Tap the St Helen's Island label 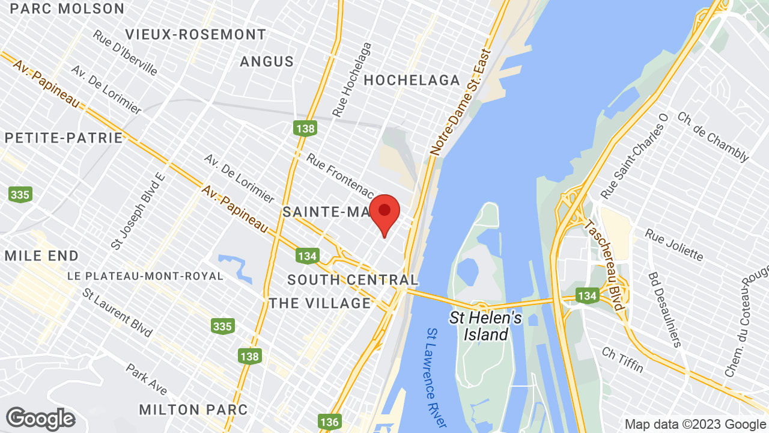point(485,326)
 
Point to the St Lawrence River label point(436,377)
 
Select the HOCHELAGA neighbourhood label point(412,80)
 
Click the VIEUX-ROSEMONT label point(195,34)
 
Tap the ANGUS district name point(267,61)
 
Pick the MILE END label point(41,256)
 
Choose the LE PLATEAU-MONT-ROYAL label point(145,276)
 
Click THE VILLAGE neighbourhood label point(320,302)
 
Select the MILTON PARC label point(193,410)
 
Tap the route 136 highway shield point(330,422)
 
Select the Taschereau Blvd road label point(606,265)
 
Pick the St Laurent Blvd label point(118,313)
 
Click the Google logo point(40,419)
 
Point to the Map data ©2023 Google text point(695,424)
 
